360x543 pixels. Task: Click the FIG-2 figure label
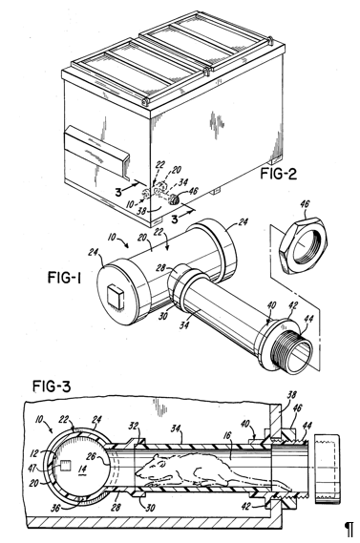(x=278, y=174)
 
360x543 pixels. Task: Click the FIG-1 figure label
(x=64, y=278)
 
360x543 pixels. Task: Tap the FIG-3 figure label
(x=52, y=386)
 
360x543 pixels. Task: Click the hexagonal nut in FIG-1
(x=303, y=245)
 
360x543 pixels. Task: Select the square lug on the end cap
(x=115, y=297)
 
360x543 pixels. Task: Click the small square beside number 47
(x=65, y=466)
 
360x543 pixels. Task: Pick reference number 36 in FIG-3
(x=55, y=507)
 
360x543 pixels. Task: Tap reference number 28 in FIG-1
(x=161, y=268)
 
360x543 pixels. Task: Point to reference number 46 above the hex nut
(x=305, y=203)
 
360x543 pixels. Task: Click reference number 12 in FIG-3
(x=44, y=452)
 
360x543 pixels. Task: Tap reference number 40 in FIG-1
(x=271, y=305)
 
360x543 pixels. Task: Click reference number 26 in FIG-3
(x=91, y=456)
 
